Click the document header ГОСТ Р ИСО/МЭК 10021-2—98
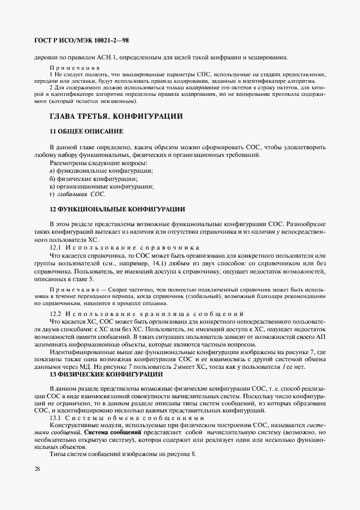[81, 41]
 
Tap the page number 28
[37, 469]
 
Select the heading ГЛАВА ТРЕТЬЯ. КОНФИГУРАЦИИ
[116, 116]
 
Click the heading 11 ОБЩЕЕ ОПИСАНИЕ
[86, 131]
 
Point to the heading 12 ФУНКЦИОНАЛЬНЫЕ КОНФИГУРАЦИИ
[117, 209]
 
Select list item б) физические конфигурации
[93, 178]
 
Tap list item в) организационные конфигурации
[101, 186]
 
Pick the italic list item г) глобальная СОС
[77, 193]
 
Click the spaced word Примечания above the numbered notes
[71, 66]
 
